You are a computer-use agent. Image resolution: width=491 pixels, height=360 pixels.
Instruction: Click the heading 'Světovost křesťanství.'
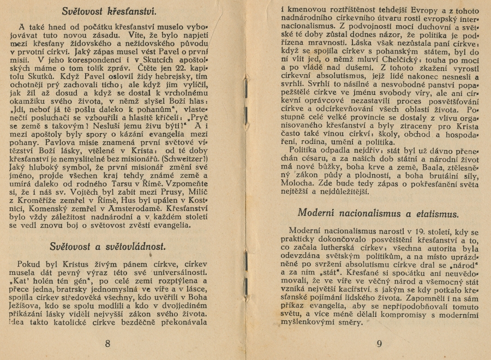[x=109, y=10]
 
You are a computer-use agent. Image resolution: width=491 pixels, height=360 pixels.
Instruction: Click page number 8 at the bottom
[x=107, y=343]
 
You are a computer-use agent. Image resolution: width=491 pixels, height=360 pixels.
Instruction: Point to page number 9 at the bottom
[x=380, y=343]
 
